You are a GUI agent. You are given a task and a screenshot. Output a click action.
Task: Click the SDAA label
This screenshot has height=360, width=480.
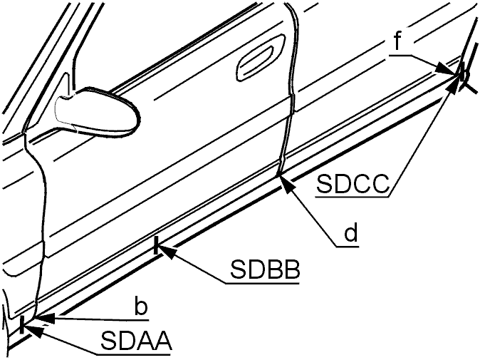click(x=136, y=341)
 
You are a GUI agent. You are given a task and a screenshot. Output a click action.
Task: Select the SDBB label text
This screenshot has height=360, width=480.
click(x=265, y=269)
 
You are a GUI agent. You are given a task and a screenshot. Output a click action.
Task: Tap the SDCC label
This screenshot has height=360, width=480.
click(x=353, y=184)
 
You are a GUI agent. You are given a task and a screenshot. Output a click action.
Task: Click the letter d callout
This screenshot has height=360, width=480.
click(x=351, y=232)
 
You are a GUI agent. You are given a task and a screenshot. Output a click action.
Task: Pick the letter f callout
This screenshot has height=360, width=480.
click(x=397, y=41)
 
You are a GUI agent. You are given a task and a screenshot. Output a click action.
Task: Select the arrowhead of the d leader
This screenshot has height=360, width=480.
click(x=286, y=184)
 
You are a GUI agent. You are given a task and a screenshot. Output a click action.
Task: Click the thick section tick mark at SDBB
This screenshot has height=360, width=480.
click(x=157, y=245)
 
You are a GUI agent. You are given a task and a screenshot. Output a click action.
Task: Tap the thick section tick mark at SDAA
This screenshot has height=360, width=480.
click(x=22, y=325)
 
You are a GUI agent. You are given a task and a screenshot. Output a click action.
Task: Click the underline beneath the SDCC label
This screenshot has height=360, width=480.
click(x=353, y=196)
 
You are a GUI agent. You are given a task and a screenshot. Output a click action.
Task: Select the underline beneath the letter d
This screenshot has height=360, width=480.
click(x=347, y=246)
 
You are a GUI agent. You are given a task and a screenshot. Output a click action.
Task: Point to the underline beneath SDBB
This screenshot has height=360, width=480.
click(x=262, y=283)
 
